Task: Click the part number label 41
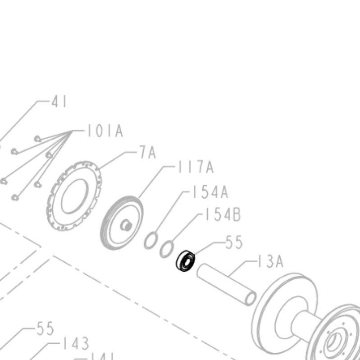point(59,102)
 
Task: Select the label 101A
point(105,131)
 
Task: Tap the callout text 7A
point(147,153)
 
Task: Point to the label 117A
point(196,168)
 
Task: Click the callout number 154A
point(210,192)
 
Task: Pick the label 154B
point(223,215)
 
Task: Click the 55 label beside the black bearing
point(234,243)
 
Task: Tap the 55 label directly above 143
point(45,328)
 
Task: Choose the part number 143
point(76,344)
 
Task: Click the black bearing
point(185,261)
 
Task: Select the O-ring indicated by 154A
point(151,240)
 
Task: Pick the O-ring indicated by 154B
point(167,249)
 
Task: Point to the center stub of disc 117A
point(127,225)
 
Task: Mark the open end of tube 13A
point(251,297)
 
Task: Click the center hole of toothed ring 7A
point(74,196)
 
